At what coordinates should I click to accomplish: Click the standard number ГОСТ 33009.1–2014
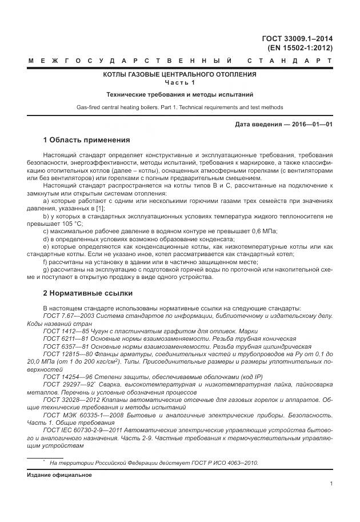[x=297, y=39]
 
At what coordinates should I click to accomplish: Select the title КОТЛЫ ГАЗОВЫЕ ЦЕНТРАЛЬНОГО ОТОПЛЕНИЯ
[x=179, y=74]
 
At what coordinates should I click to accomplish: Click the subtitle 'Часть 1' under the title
[x=179, y=83]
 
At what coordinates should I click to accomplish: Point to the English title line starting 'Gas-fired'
[x=179, y=107]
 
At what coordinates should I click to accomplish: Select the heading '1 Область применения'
[x=86, y=140]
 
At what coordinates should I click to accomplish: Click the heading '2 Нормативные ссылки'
[x=87, y=293]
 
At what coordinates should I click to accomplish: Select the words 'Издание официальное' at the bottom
[x=59, y=475]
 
